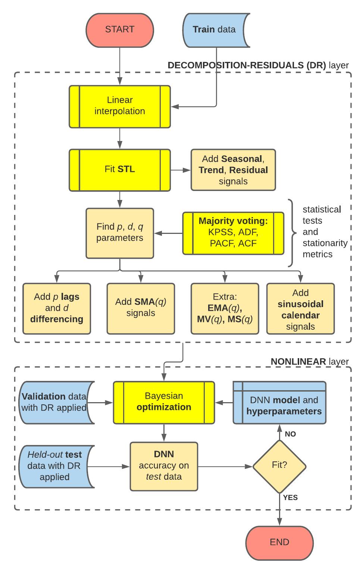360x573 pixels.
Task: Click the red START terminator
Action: (x=119, y=30)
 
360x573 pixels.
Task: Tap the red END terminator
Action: (x=279, y=542)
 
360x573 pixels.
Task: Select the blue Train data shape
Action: (x=214, y=30)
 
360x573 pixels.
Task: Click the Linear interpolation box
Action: (x=119, y=106)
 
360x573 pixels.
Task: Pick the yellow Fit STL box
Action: (x=119, y=169)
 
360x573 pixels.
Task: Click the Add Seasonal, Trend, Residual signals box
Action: (x=233, y=170)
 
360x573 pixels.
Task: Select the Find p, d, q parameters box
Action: (x=119, y=233)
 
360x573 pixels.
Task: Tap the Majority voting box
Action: (x=233, y=233)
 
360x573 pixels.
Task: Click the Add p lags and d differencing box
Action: (x=57, y=308)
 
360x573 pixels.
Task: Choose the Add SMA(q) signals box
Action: (x=141, y=308)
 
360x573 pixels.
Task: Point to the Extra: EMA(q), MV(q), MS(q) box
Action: (x=225, y=308)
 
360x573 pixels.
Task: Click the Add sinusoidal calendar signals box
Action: (x=300, y=309)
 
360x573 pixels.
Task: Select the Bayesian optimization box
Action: (x=164, y=402)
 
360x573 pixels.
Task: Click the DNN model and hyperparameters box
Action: (x=279, y=403)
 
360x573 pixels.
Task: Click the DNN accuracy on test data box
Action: (x=164, y=466)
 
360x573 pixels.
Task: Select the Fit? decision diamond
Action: (x=279, y=466)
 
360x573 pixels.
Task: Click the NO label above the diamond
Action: (x=290, y=434)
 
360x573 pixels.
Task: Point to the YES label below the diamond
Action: (x=290, y=497)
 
